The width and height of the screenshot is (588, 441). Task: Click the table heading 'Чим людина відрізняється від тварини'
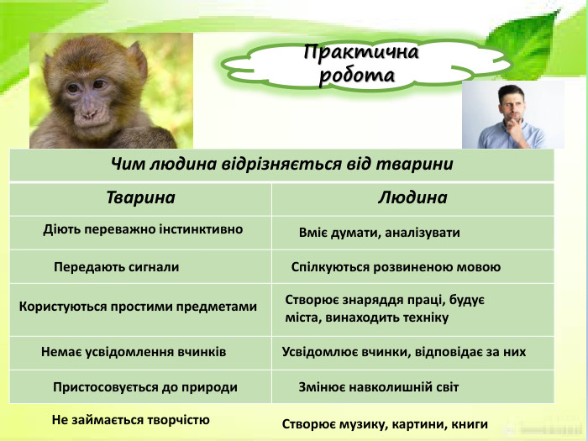pos(282,164)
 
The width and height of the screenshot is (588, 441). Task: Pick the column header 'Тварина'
pos(140,198)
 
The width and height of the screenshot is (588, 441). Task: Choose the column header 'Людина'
pos(412,198)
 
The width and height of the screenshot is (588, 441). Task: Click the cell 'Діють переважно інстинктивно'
pos(143,228)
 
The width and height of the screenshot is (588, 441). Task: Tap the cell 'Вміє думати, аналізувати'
pos(379,232)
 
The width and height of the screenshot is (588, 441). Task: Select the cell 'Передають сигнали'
pos(116,267)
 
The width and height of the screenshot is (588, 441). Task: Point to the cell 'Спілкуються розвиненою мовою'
pos(395,267)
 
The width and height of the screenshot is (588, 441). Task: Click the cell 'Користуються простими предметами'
pos(138,307)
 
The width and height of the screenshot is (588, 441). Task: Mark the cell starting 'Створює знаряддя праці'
pos(385,308)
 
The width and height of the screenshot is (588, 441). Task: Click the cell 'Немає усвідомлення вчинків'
pos(134,352)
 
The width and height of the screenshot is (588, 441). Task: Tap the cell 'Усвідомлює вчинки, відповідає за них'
pos(403,352)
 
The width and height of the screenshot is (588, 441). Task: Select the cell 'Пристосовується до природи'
pos(144,387)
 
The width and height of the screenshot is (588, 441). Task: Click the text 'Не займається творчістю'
pos(130,419)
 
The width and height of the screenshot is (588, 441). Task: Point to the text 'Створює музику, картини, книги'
pos(384,424)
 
